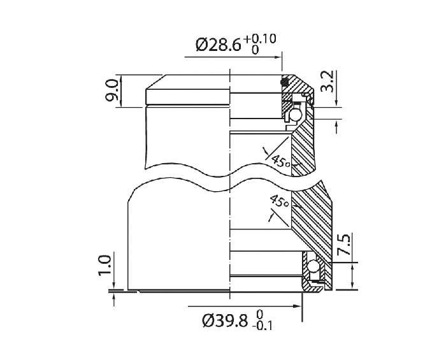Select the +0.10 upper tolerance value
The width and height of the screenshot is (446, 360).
click(x=259, y=38)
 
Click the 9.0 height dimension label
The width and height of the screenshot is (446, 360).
click(x=111, y=91)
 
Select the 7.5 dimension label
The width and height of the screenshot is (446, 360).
click(x=343, y=245)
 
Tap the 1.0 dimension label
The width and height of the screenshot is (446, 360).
click(x=106, y=264)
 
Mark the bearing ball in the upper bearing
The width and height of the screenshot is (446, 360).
click(x=296, y=115)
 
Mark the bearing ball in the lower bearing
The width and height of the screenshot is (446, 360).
click(x=312, y=269)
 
